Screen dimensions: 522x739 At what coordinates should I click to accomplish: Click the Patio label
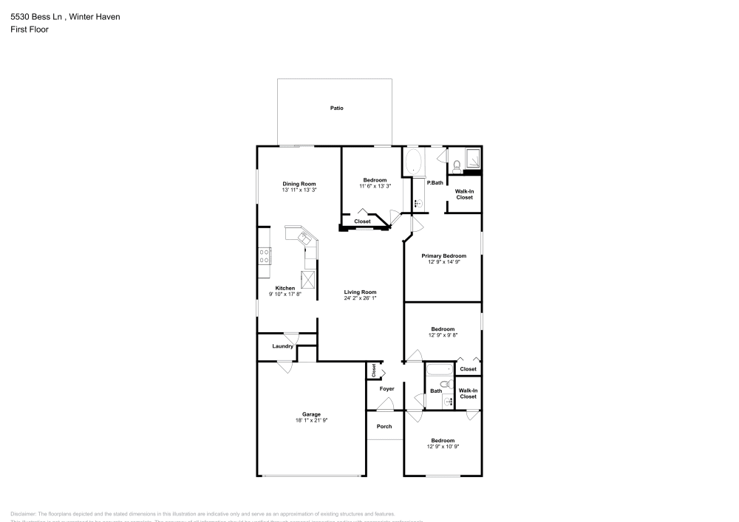click(336, 109)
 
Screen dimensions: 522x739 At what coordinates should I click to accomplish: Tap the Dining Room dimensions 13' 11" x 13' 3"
click(299, 190)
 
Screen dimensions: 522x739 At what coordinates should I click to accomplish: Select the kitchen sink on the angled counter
click(304, 238)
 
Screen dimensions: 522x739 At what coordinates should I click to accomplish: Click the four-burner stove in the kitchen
click(263, 256)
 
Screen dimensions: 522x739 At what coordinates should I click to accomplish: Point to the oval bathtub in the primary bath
click(413, 162)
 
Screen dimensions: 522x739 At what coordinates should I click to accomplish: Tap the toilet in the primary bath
click(456, 164)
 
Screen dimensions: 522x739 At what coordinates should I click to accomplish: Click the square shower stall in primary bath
click(472, 158)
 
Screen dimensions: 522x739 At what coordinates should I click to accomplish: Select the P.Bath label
click(435, 182)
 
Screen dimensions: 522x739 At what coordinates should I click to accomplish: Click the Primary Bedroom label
click(443, 255)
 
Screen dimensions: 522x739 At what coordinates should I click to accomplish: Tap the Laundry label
click(283, 346)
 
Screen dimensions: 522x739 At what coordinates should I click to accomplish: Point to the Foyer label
click(387, 388)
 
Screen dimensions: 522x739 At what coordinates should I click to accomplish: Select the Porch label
click(384, 426)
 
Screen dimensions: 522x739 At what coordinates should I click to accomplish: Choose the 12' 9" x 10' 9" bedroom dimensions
click(443, 447)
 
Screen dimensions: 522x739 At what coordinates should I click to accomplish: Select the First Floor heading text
click(30, 30)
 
